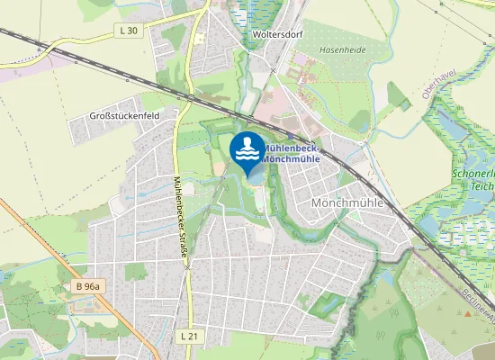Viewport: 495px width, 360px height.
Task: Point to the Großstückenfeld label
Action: [x=124, y=116]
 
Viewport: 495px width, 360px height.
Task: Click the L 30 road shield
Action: [x=129, y=31]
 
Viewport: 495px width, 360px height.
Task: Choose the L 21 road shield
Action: [x=189, y=335]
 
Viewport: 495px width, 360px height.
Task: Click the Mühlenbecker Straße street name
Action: [x=180, y=216]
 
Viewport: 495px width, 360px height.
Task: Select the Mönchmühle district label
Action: [x=346, y=203]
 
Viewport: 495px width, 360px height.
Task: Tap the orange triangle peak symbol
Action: [x=467, y=313]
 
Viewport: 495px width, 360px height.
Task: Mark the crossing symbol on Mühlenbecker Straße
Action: [x=187, y=267]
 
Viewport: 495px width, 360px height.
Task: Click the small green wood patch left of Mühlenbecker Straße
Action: [x=136, y=271]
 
